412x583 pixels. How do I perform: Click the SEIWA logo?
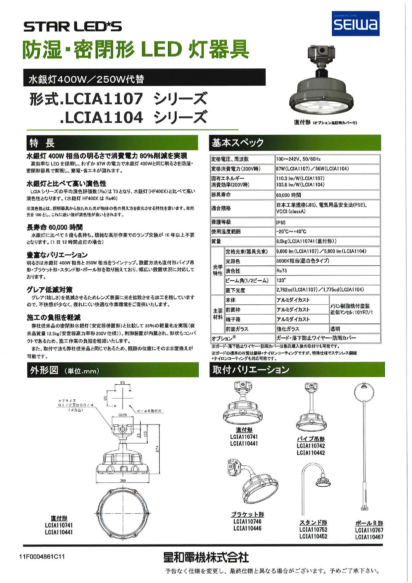(x=355, y=24)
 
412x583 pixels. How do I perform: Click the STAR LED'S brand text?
(x=72, y=27)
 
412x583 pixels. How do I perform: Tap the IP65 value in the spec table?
(x=281, y=222)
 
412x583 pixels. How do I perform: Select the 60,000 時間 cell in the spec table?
(x=288, y=195)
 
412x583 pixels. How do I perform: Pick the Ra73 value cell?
(x=282, y=271)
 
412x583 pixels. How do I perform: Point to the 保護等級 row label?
(x=221, y=222)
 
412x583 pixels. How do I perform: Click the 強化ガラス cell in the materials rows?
(x=288, y=329)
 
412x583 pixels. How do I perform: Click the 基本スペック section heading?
(x=238, y=143)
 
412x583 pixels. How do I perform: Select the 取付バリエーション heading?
(x=251, y=370)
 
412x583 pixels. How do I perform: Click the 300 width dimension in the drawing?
(x=123, y=480)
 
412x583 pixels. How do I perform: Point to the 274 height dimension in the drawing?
(x=157, y=448)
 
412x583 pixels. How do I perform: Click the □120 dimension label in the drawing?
(x=123, y=415)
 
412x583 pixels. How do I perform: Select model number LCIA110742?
(x=311, y=446)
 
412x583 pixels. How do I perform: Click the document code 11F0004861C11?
(x=42, y=556)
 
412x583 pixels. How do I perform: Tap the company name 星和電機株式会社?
(x=206, y=557)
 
